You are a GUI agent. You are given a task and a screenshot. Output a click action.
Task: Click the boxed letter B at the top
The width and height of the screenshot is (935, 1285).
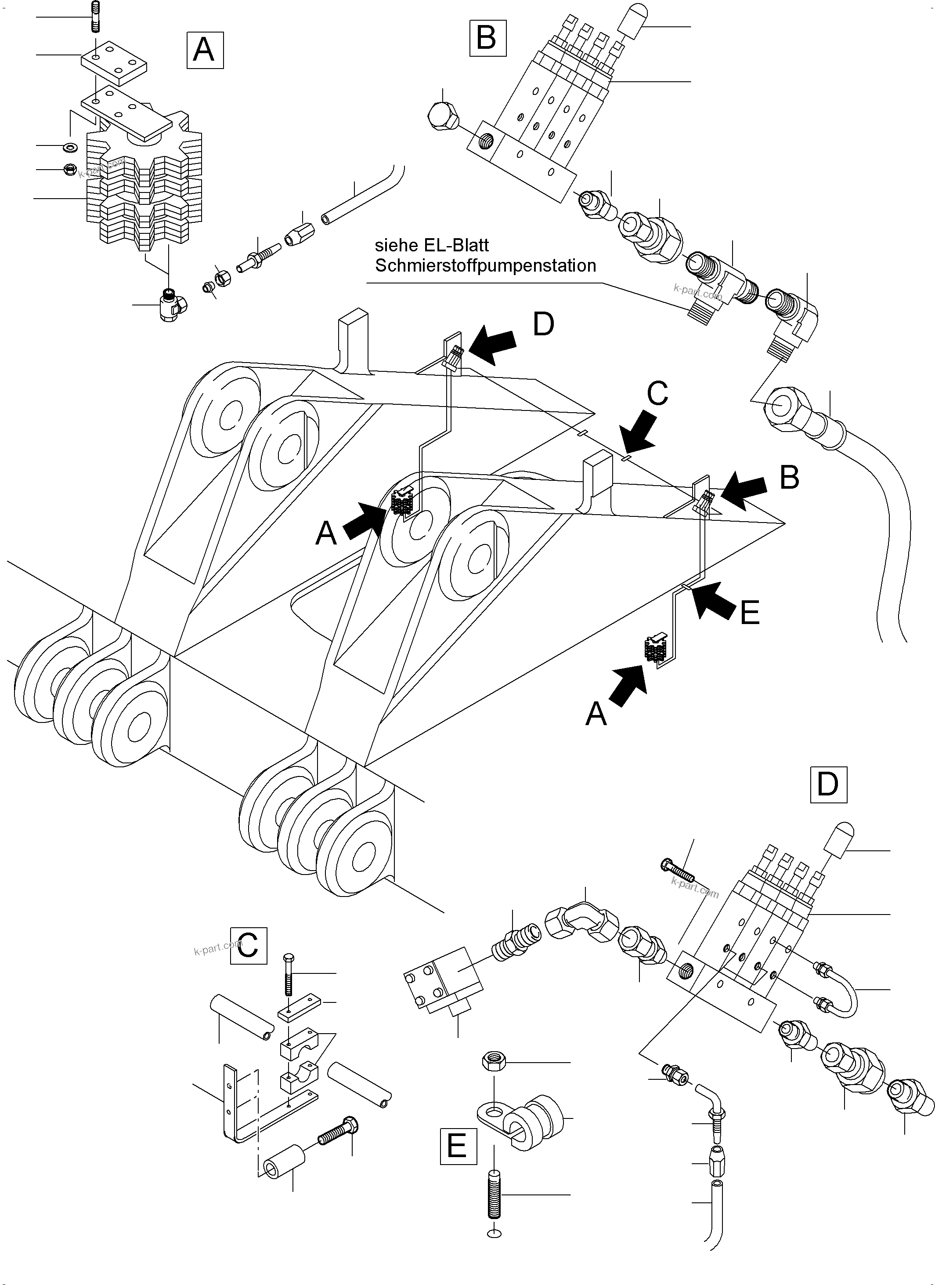tap(487, 38)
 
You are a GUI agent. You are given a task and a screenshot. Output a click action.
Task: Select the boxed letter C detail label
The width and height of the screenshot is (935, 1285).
tap(248, 946)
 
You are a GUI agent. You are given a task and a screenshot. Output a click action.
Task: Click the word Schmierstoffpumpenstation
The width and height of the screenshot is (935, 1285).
tap(485, 266)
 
